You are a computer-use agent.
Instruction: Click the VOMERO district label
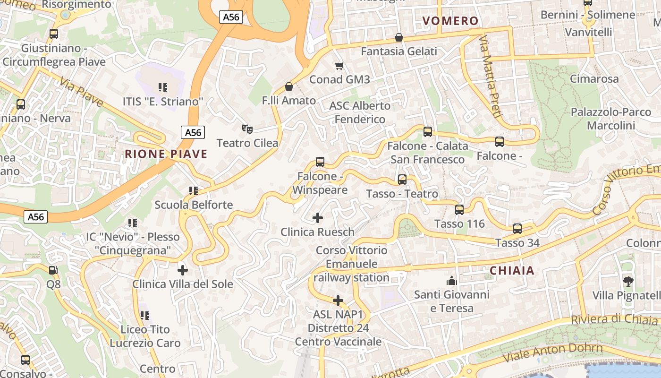pyautogui.click(x=450, y=21)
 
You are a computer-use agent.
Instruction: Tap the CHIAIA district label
pyautogui.click(x=512, y=271)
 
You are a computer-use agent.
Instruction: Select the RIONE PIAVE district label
pyautogui.click(x=166, y=154)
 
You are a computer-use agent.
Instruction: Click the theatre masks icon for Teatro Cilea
pyautogui.click(x=246, y=129)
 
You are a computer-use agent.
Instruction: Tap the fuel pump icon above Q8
pyautogui.click(x=53, y=270)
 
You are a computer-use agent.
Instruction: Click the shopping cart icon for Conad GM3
pyautogui.click(x=339, y=66)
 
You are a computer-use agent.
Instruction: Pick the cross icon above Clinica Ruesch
pyautogui.click(x=318, y=218)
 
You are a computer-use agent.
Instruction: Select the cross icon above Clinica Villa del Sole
pyautogui.click(x=182, y=270)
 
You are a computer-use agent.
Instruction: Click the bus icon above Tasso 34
pyautogui.click(x=517, y=229)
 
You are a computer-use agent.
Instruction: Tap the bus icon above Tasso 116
pyautogui.click(x=459, y=210)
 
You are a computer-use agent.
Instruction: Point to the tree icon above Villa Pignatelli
pyautogui.click(x=628, y=282)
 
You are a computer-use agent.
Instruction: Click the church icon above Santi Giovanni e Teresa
pyautogui.click(x=451, y=281)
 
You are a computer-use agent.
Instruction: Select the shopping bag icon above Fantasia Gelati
pyautogui.click(x=399, y=37)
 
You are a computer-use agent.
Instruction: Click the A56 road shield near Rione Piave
pyautogui.click(x=193, y=132)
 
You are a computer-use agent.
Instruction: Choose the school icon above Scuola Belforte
pyautogui.click(x=193, y=191)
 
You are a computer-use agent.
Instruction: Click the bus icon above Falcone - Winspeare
pyautogui.click(x=320, y=162)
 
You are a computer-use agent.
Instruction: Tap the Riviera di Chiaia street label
pyautogui.click(x=614, y=319)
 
